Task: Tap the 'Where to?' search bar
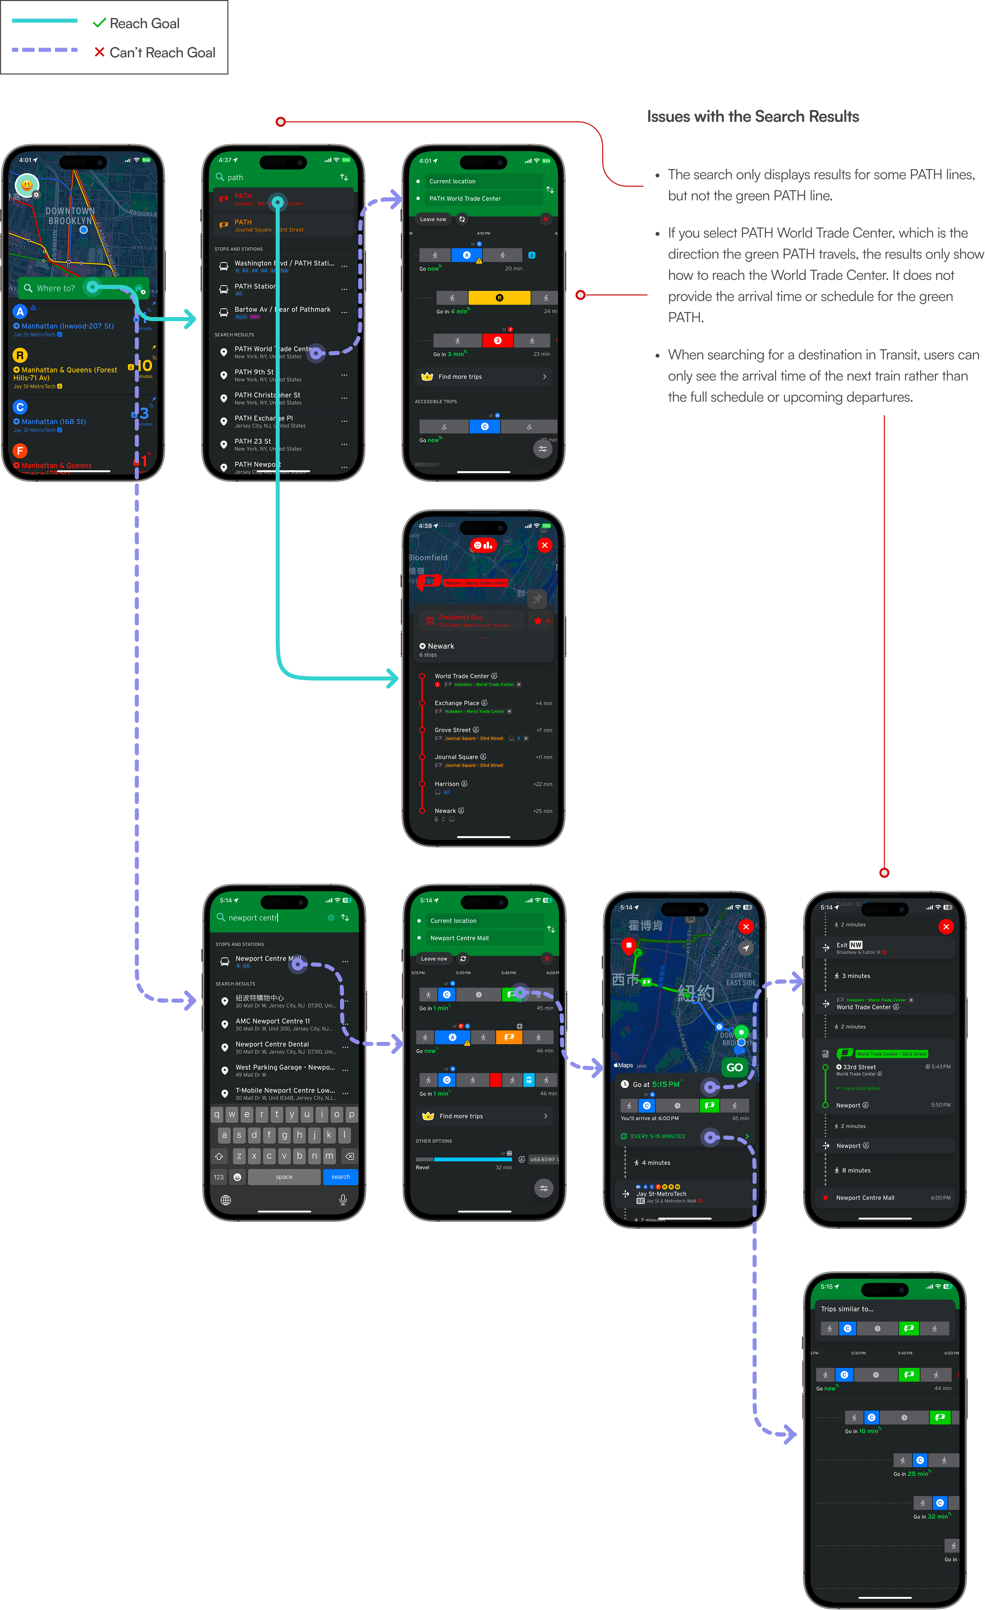click(x=56, y=288)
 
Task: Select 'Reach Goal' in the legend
click(x=144, y=23)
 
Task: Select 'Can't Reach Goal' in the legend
click(x=162, y=53)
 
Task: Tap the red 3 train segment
click(x=498, y=341)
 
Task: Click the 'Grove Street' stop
click(x=453, y=730)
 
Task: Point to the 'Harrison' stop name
click(x=447, y=784)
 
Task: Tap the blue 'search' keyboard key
click(x=340, y=1177)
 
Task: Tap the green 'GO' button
click(x=734, y=1067)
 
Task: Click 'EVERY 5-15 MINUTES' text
click(x=658, y=1136)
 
